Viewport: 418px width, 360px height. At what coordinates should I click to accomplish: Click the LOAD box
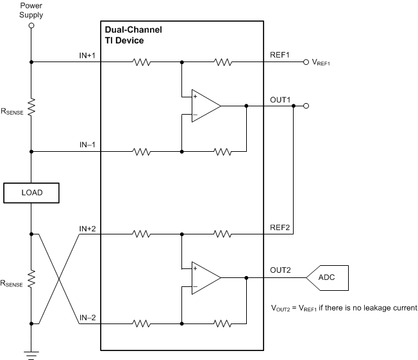click(31, 192)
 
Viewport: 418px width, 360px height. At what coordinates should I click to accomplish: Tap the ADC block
click(328, 277)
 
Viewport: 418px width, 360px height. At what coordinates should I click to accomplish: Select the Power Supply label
click(31, 10)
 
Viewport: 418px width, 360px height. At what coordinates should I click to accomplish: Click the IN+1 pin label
click(87, 56)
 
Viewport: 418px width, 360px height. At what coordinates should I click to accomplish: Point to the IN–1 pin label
click(87, 145)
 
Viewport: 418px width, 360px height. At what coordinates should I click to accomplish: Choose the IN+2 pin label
click(87, 228)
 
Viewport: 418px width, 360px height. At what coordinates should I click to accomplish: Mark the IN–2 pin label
click(87, 317)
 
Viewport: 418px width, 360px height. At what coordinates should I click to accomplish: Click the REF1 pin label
click(280, 56)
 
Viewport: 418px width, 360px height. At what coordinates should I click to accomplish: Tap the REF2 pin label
click(280, 228)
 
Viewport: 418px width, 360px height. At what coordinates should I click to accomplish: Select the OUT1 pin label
click(280, 100)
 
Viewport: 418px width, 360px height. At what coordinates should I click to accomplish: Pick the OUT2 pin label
click(280, 272)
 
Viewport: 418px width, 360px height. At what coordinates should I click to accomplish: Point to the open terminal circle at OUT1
click(306, 106)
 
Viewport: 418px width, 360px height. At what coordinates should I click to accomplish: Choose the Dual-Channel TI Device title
click(133, 35)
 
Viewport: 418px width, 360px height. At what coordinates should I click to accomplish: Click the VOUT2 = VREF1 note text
click(344, 308)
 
